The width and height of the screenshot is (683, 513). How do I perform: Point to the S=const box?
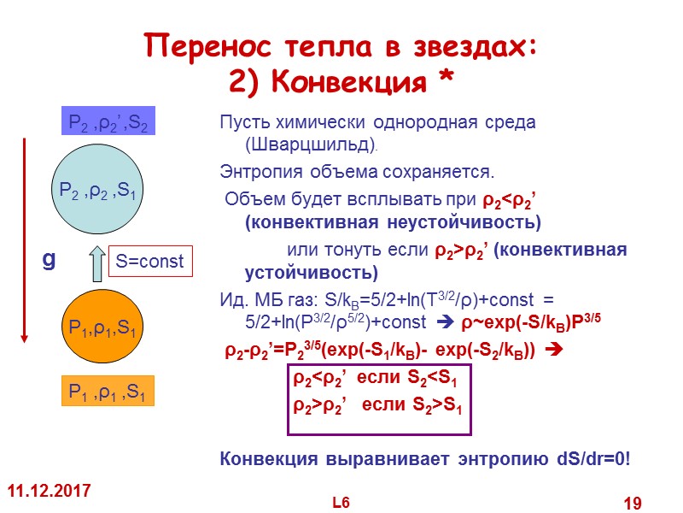[x=150, y=262]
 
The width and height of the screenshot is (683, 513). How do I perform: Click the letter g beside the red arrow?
[x=49, y=259]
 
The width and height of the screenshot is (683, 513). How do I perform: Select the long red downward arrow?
[x=25, y=239]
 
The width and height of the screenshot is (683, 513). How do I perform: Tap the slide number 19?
[x=632, y=504]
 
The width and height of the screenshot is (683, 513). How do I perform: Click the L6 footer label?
[x=341, y=502]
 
